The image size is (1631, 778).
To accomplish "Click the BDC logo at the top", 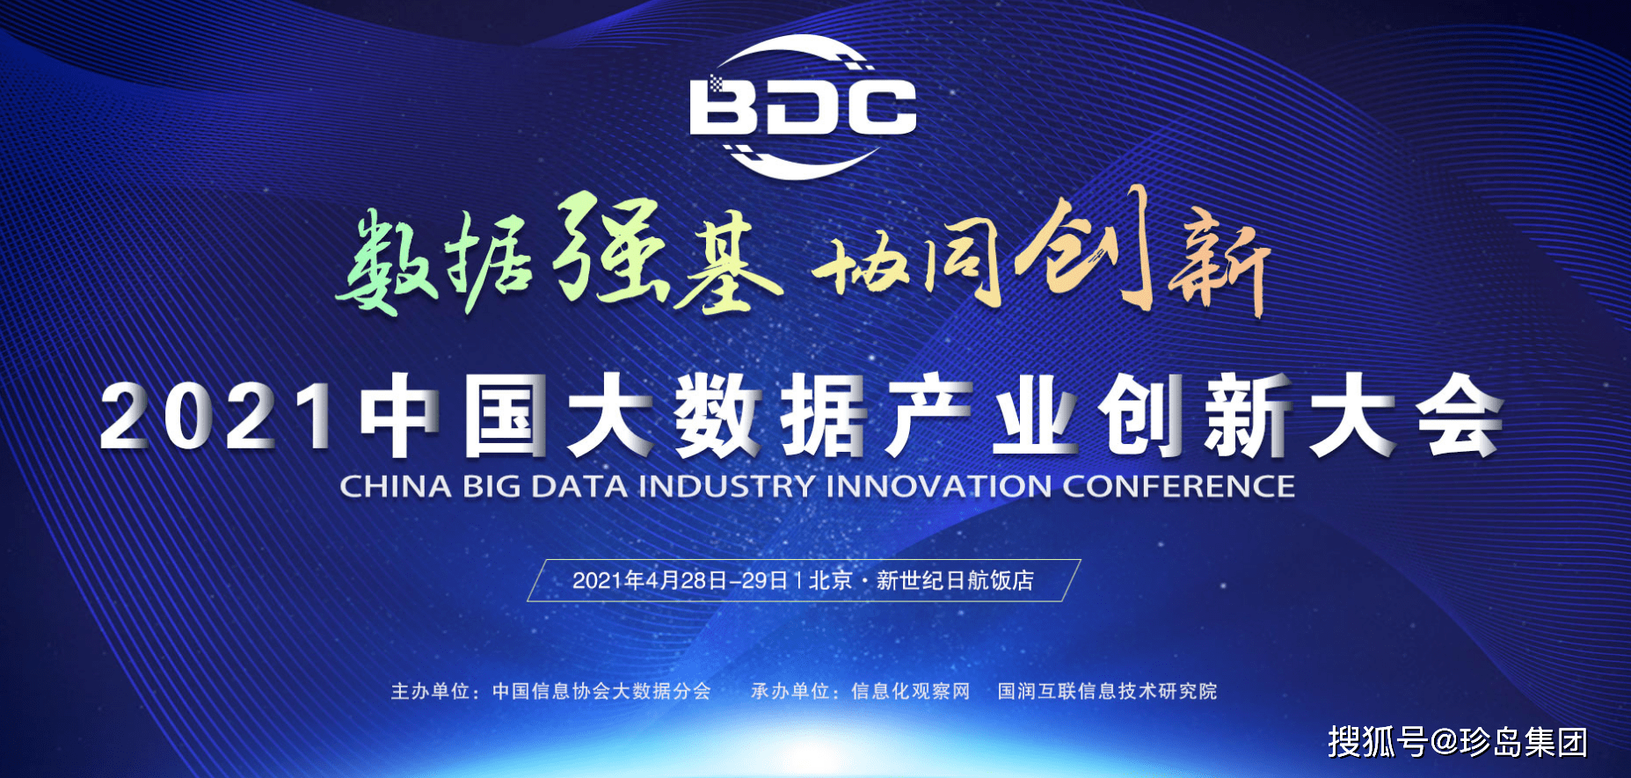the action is pyautogui.click(x=803, y=106).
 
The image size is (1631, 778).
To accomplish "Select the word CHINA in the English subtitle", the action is pyautogui.click(x=396, y=487).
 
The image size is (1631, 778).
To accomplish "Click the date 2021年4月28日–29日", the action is pyautogui.click(x=681, y=581).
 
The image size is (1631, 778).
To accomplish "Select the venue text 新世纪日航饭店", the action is pyautogui.click(x=955, y=581).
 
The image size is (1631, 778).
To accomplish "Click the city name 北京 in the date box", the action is pyautogui.click(x=831, y=581).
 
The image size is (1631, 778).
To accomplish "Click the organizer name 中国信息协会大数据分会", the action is pyautogui.click(x=601, y=692).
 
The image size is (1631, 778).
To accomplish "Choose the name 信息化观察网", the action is pyautogui.click(x=911, y=692).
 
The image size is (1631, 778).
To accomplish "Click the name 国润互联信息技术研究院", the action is pyautogui.click(x=1108, y=692).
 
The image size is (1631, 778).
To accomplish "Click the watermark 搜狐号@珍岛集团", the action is pyautogui.click(x=1458, y=742).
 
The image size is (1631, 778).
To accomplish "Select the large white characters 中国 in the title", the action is pyautogui.click(x=454, y=416).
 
